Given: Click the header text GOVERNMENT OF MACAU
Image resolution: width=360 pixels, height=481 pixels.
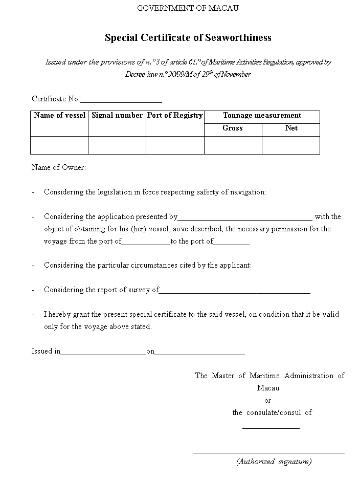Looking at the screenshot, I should point(188,8).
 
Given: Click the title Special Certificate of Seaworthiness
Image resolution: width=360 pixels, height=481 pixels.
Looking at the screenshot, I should point(188,37).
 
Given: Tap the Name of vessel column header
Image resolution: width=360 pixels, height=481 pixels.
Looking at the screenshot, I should point(59,116).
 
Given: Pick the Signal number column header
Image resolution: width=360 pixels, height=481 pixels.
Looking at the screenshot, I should point(117,116).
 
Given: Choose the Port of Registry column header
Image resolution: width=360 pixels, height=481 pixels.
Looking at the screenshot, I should point(175,116).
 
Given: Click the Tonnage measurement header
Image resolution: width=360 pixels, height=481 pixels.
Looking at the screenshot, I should point(262,116).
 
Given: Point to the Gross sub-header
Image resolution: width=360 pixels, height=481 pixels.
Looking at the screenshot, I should point(233,128).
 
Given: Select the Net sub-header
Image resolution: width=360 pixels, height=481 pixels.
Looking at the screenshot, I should point(291,128).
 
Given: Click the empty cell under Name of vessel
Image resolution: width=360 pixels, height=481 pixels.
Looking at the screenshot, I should point(59,145).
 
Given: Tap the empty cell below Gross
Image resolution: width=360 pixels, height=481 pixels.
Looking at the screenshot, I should point(233,145).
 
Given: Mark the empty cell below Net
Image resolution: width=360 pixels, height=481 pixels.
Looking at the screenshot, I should point(291,145).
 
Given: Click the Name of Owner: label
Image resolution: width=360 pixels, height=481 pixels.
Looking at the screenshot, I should point(59,167).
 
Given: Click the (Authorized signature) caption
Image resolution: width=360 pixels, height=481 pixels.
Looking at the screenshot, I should point(274,462).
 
